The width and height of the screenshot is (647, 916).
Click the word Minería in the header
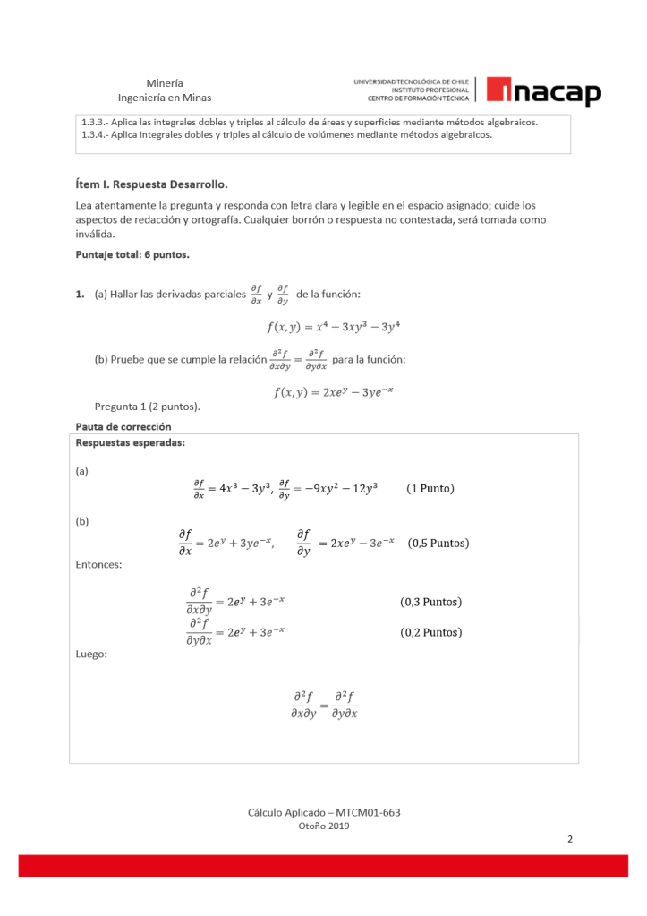click(165, 82)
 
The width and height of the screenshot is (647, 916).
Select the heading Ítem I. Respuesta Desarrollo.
click(152, 185)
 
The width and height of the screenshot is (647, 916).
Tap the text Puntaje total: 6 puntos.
click(132, 253)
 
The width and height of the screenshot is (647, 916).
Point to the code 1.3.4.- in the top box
click(95, 135)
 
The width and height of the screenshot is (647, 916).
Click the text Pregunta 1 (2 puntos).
click(147, 407)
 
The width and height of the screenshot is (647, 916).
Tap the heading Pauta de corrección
click(123, 426)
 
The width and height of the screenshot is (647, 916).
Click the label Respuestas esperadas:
click(131, 441)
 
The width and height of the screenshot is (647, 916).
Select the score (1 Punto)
click(430, 488)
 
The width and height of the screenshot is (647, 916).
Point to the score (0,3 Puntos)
click(430, 602)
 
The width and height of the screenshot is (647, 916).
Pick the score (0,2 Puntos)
click(430, 632)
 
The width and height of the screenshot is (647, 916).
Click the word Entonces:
click(99, 564)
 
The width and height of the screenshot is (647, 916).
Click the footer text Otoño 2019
click(323, 826)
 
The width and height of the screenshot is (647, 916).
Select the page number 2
click(570, 840)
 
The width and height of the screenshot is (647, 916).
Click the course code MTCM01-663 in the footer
click(368, 812)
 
